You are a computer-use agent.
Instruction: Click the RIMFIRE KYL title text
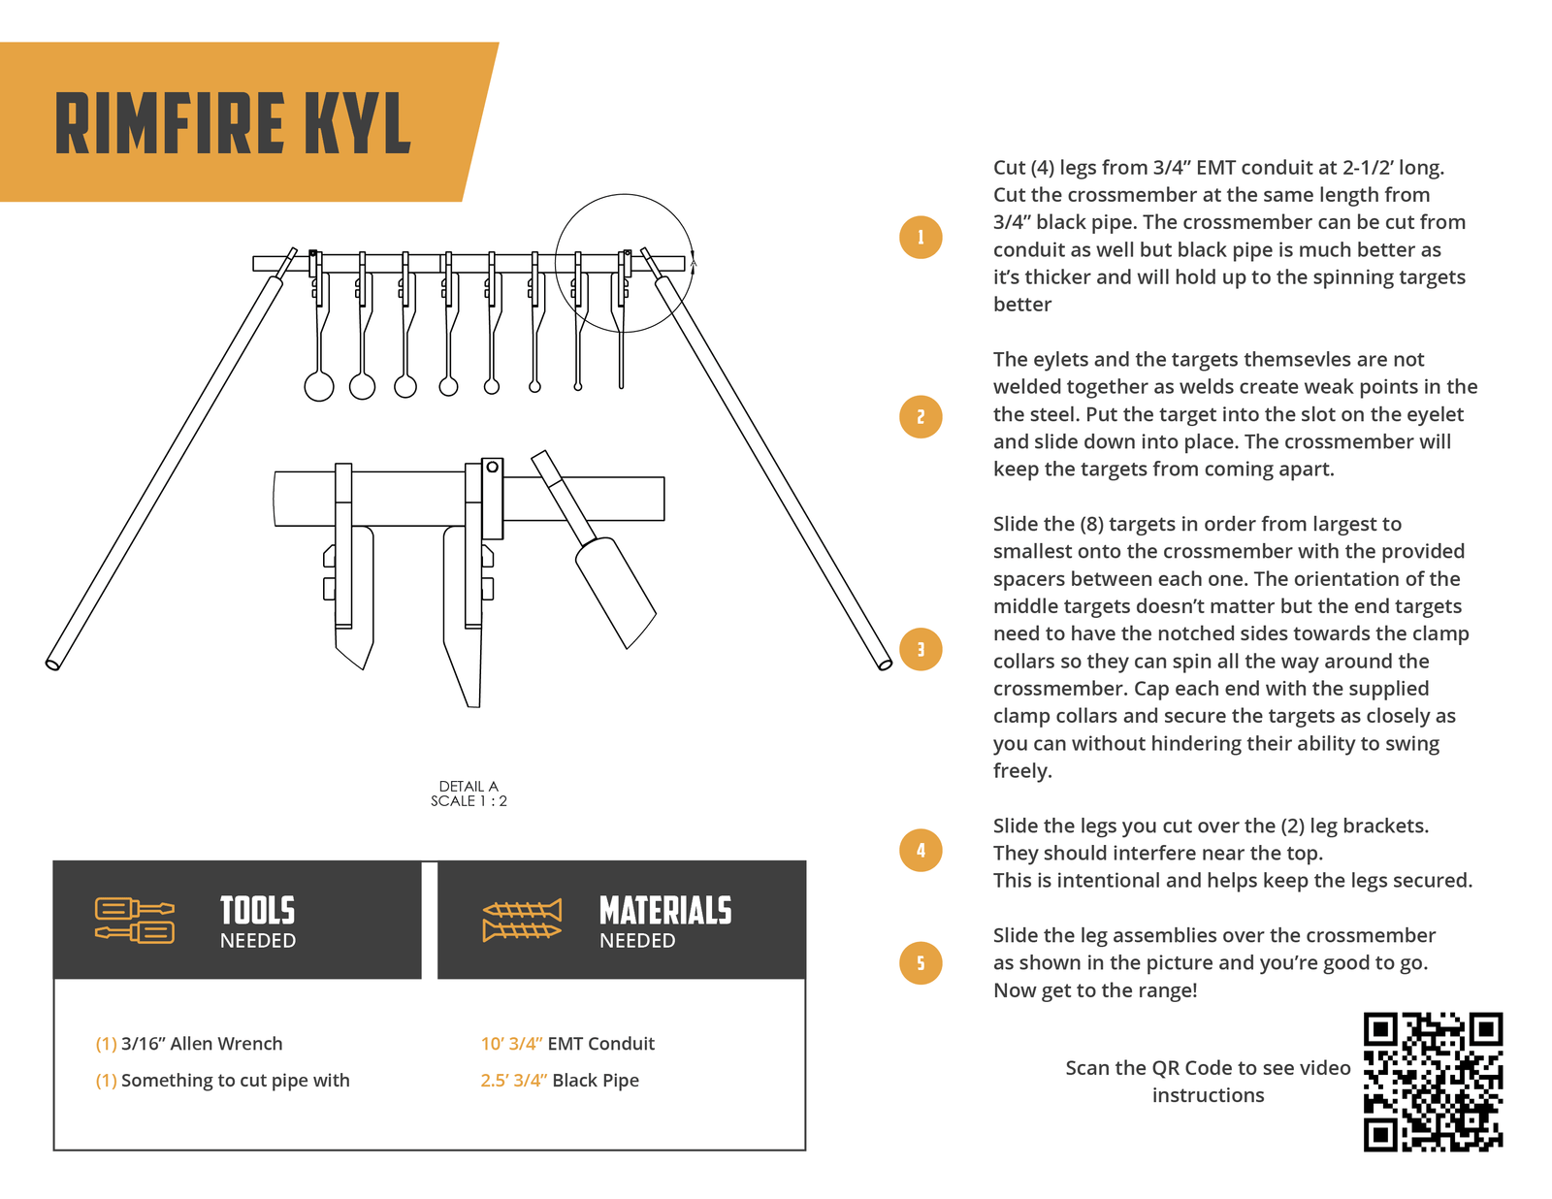tap(233, 124)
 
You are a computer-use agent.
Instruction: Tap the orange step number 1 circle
tap(921, 237)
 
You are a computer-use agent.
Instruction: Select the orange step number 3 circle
tap(921, 649)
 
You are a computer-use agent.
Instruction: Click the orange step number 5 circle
tap(921, 963)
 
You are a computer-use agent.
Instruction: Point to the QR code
tap(1433, 1082)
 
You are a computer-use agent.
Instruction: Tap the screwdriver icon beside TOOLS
tap(135, 920)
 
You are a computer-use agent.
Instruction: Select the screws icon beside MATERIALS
tap(522, 920)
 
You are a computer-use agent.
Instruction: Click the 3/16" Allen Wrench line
tap(189, 1044)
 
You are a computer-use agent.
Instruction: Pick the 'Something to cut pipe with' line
tap(222, 1081)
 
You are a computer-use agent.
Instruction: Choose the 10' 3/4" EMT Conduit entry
tap(567, 1044)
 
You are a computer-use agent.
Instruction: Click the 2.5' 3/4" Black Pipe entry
tap(560, 1081)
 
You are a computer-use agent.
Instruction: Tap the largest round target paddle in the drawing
tap(319, 387)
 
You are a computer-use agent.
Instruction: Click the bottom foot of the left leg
tap(53, 664)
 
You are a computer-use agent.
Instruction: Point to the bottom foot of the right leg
tap(885, 664)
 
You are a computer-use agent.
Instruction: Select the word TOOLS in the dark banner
tap(257, 911)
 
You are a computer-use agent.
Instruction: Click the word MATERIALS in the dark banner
tap(665, 911)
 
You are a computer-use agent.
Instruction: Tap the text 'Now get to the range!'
tap(1095, 990)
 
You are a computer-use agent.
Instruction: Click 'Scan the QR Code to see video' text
tap(1208, 1068)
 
